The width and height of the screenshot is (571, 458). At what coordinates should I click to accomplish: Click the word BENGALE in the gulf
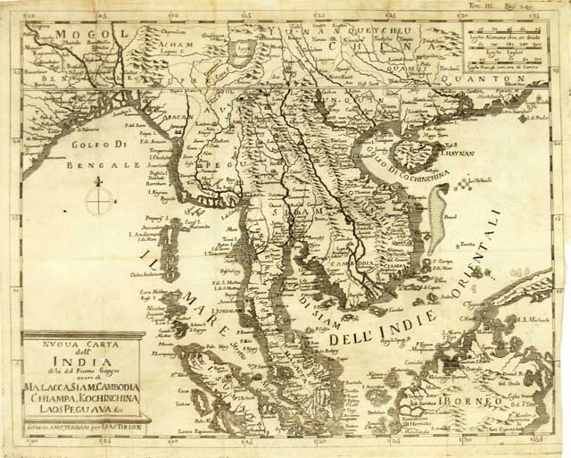tap(115, 166)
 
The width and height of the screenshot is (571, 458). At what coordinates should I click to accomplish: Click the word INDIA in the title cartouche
tap(82, 363)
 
